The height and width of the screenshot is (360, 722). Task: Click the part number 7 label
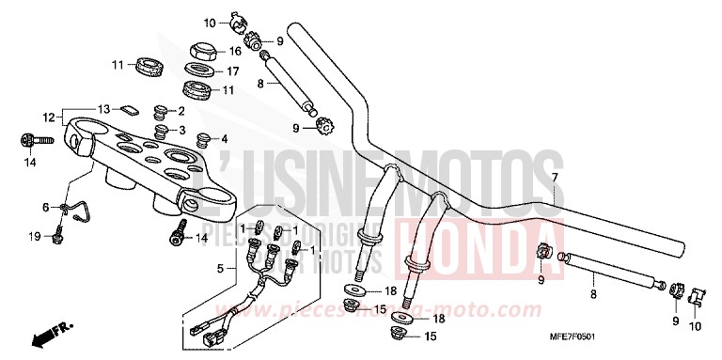click(555, 178)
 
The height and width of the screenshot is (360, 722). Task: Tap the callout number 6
click(44, 207)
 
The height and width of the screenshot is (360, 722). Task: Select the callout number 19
click(37, 237)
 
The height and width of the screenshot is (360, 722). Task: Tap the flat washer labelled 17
click(198, 70)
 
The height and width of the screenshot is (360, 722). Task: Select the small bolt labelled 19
click(58, 234)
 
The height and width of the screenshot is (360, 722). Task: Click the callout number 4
click(223, 138)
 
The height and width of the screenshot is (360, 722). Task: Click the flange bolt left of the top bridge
click(26, 141)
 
